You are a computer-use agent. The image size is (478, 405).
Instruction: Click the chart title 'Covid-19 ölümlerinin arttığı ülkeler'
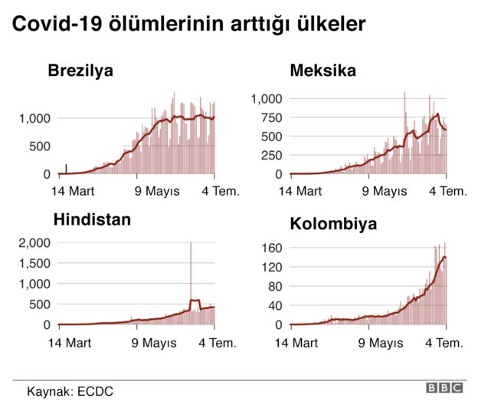click(x=188, y=25)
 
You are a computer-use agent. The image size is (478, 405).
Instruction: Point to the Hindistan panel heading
click(x=92, y=220)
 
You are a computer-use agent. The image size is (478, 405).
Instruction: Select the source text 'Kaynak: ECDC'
click(x=70, y=390)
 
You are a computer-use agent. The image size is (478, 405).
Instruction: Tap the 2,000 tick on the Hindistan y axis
click(x=34, y=243)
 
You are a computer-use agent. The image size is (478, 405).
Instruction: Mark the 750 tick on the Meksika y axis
click(x=272, y=117)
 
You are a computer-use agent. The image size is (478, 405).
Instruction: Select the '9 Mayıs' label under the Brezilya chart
click(x=157, y=191)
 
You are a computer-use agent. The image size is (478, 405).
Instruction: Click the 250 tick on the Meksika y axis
click(x=272, y=155)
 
